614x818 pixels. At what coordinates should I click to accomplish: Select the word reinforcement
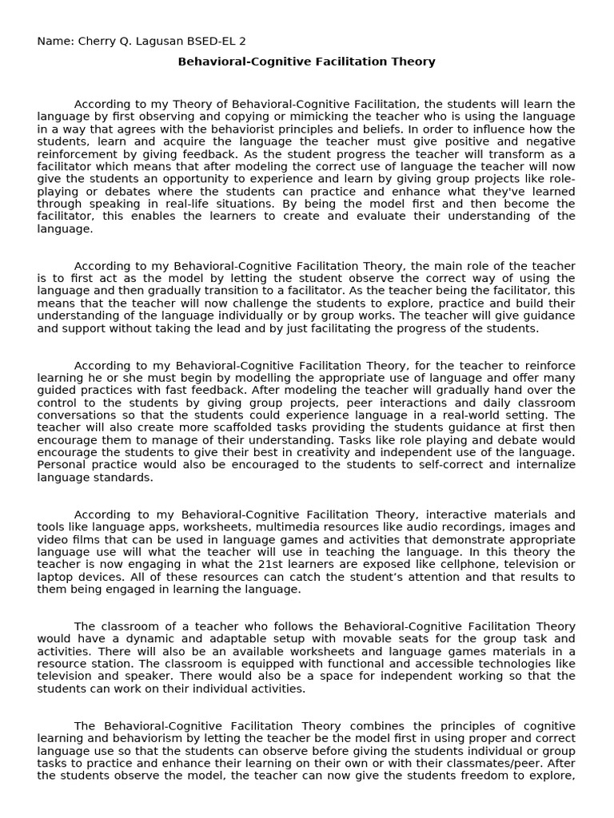point(77,153)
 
